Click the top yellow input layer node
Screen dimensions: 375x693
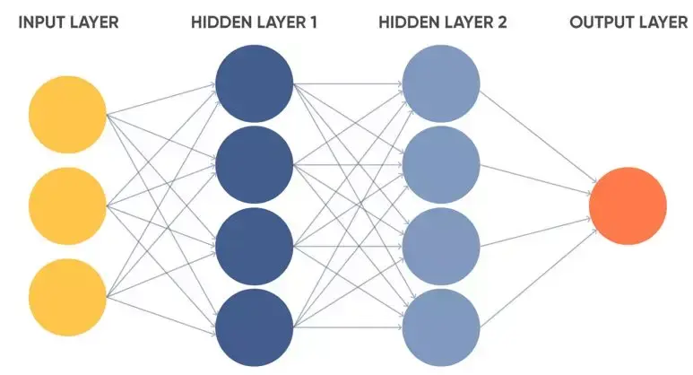(x=67, y=115)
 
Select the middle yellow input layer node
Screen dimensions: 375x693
(x=67, y=205)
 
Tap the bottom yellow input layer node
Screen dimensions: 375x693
(x=67, y=297)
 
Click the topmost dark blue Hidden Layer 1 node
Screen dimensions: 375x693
(x=255, y=83)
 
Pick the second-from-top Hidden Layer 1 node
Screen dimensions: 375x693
(x=255, y=164)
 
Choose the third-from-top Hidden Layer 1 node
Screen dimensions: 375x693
(x=255, y=246)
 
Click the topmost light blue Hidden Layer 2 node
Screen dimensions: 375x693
(x=441, y=83)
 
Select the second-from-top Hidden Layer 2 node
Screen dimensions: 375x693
(x=441, y=164)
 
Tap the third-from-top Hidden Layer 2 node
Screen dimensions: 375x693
(x=441, y=246)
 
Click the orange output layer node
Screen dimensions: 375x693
(x=628, y=205)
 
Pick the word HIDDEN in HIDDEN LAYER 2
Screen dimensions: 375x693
(x=404, y=22)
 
